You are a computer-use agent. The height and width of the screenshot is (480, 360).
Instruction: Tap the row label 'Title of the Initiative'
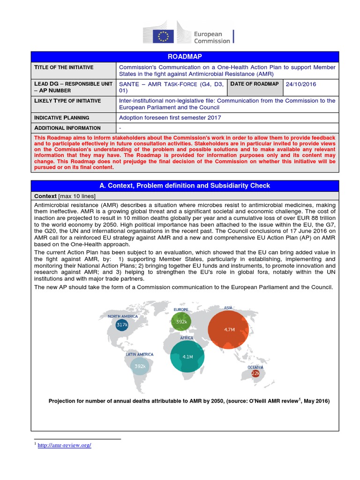(64, 67)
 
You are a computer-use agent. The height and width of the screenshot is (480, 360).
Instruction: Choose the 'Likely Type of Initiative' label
(67, 101)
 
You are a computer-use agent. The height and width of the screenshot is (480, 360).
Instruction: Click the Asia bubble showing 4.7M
(229, 330)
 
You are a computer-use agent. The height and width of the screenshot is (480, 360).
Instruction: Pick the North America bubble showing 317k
(122, 324)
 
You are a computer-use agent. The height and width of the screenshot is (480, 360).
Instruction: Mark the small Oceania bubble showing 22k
(255, 374)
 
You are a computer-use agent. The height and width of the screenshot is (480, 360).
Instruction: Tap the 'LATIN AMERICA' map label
(140, 354)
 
